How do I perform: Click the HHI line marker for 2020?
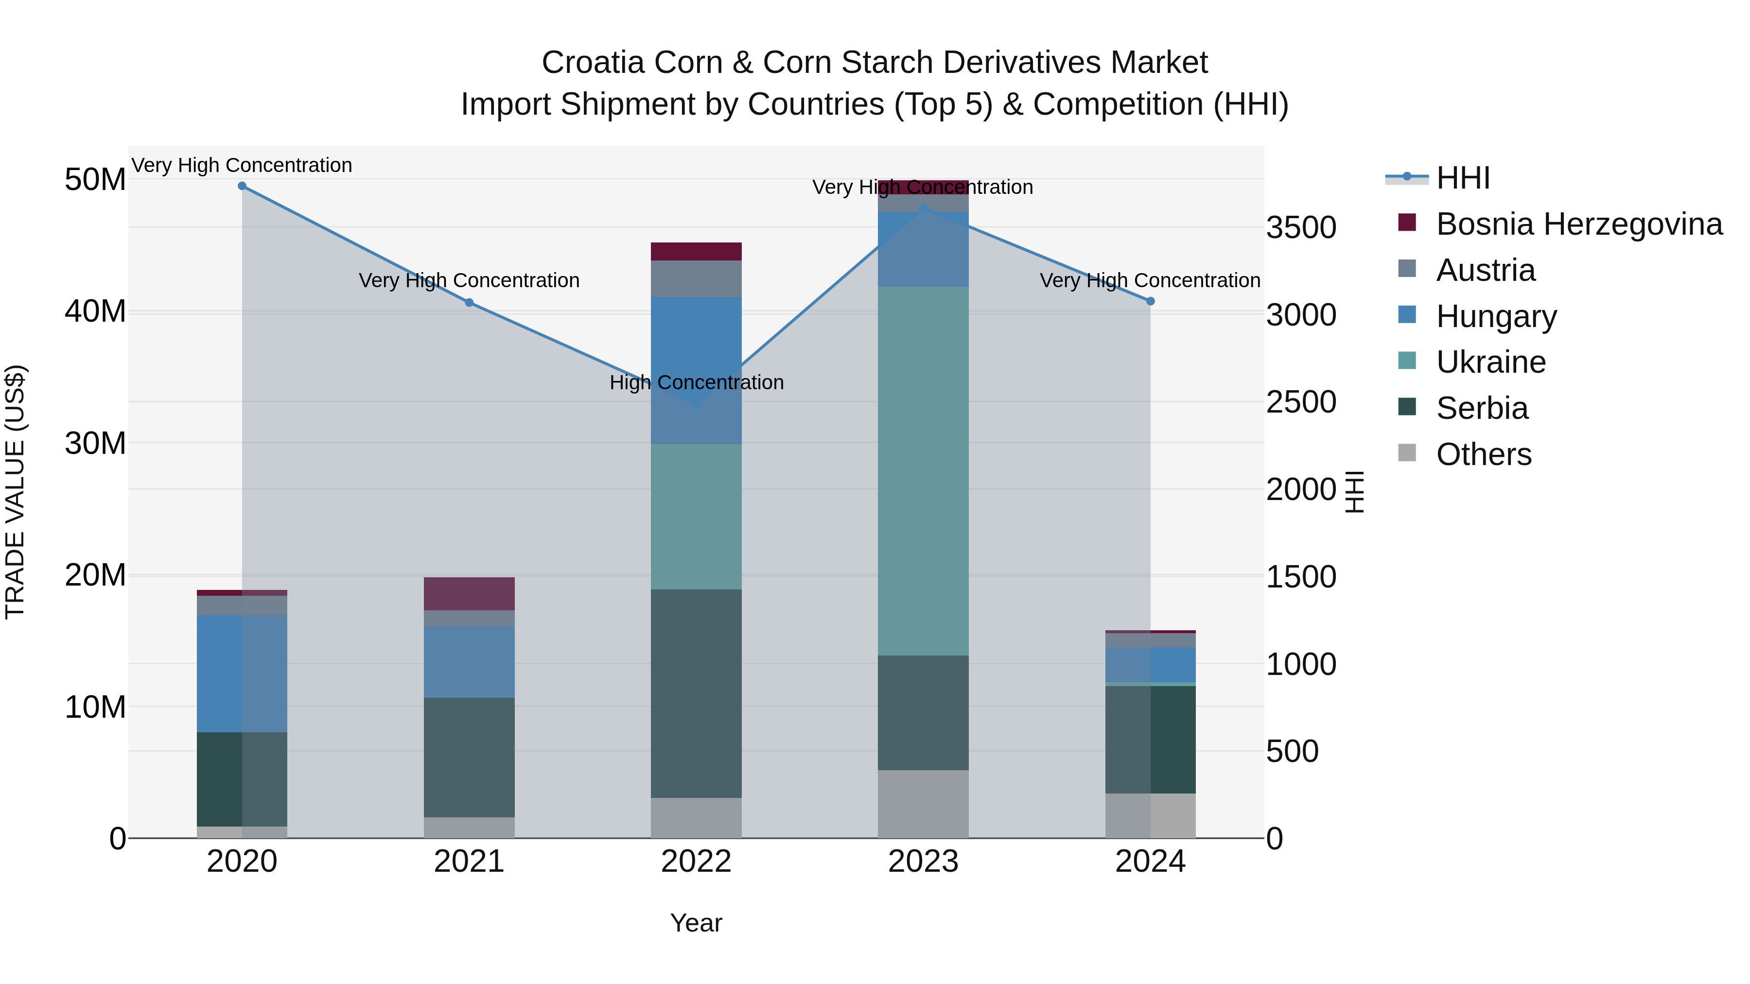point(242,186)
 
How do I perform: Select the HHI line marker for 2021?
point(469,303)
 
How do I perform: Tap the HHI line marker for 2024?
point(1150,301)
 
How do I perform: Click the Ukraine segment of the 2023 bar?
point(923,470)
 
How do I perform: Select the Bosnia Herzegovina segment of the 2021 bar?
point(469,593)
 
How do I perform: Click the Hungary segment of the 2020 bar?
point(242,673)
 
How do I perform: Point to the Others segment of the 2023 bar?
point(923,804)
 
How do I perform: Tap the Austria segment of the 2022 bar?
point(696,278)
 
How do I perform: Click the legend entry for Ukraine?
point(1490,363)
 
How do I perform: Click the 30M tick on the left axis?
point(95,444)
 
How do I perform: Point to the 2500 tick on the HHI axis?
point(1301,402)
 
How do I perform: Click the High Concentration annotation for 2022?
point(696,383)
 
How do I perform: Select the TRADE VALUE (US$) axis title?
point(15,492)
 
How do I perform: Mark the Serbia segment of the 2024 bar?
point(1150,740)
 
